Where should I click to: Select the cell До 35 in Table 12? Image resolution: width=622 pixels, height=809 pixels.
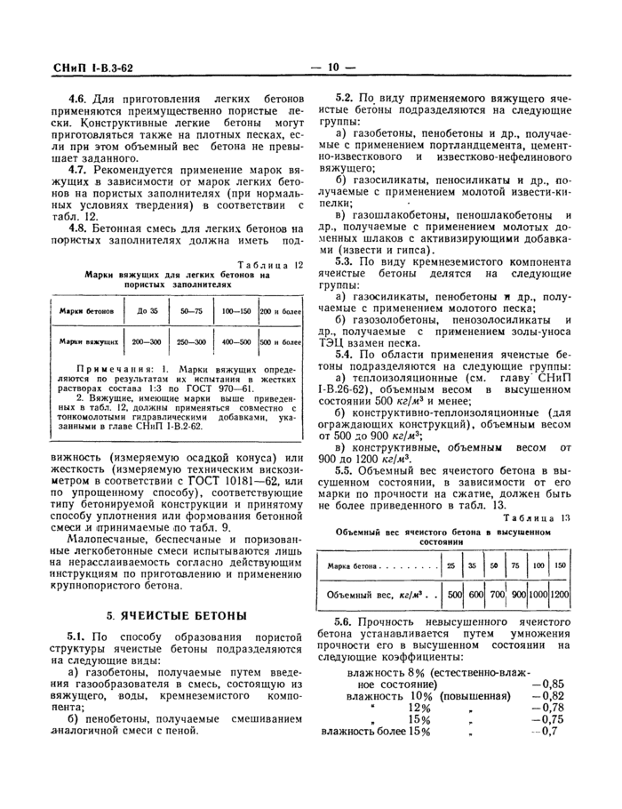148,312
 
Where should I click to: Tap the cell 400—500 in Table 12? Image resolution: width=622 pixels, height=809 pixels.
236,341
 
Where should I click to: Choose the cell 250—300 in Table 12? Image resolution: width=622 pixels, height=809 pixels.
191,341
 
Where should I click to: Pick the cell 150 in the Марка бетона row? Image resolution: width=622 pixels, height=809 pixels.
559,565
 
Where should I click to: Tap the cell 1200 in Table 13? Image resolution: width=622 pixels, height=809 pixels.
560,594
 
